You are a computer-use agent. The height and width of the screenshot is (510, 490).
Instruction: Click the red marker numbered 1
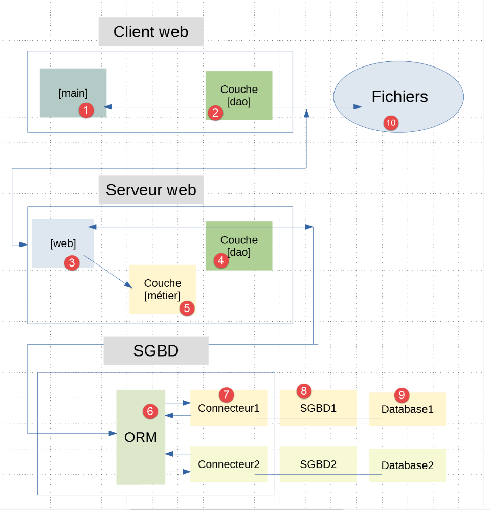click(86, 110)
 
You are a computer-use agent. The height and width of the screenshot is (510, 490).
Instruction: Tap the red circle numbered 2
click(215, 113)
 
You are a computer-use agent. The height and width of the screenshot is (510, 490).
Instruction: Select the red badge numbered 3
click(72, 263)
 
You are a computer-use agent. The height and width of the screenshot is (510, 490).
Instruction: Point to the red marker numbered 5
click(186, 308)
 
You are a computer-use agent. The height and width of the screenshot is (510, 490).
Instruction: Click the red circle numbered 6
click(150, 410)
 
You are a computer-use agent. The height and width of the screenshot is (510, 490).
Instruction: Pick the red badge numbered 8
click(304, 391)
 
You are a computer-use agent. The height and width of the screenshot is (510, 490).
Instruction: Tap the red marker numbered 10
click(391, 123)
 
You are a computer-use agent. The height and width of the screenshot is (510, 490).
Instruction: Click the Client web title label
click(151, 32)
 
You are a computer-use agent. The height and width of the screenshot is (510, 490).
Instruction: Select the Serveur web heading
click(151, 190)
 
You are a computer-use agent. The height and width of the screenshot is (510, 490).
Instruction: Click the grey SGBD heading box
click(156, 351)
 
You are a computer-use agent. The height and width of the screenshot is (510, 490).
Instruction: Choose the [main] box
click(73, 93)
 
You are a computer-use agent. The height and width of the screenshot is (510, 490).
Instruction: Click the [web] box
click(62, 243)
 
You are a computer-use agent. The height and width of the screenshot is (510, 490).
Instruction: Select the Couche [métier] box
click(162, 289)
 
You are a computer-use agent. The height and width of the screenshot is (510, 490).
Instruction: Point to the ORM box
click(141, 437)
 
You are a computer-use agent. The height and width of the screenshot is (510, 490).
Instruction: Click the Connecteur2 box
click(229, 464)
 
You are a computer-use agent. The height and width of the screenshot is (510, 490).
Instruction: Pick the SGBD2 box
click(318, 464)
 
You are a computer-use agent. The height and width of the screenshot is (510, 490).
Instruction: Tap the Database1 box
click(407, 409)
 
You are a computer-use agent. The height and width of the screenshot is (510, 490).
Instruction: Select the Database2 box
click(407, 465)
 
